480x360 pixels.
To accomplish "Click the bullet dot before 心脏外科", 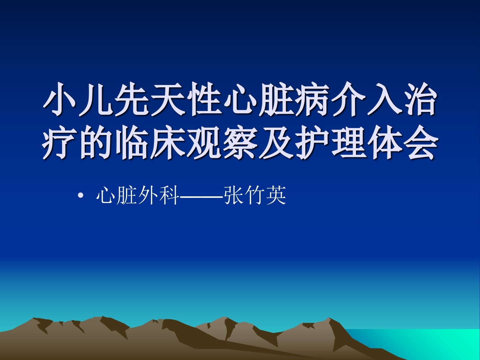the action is tap(81, 196).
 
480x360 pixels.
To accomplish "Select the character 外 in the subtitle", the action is tap(148, 195).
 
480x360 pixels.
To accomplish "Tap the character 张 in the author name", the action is tap(234, 195).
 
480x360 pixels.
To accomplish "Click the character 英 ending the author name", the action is tap(276, 195).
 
